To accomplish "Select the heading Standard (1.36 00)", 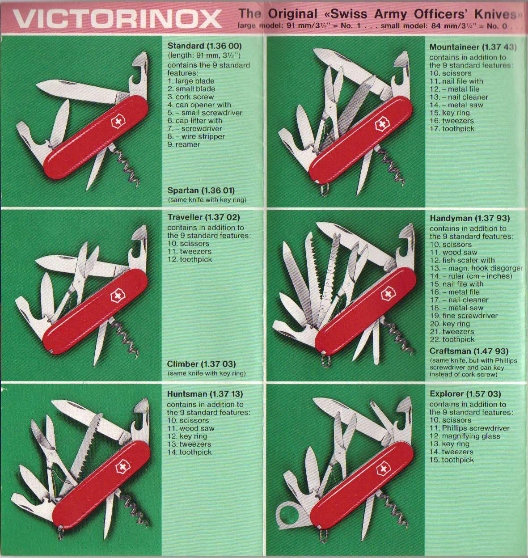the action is (x=205, y=46).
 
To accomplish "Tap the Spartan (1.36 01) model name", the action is (x=201, y=190).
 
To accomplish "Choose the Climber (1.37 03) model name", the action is (x=202, y=364).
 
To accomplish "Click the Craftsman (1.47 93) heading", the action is (x=469, y=351).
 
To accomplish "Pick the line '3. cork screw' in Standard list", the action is (x=190, y=97).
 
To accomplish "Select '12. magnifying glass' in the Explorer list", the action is (x=465, y=436).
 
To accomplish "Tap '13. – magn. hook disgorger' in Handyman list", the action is (x=476, y=268).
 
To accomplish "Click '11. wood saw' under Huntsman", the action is (x=191, y=428).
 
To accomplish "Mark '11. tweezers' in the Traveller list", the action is (x=190, y=251).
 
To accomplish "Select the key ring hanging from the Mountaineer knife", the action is (x=325, y=189).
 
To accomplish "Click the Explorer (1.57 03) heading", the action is (x=465, y=393).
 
